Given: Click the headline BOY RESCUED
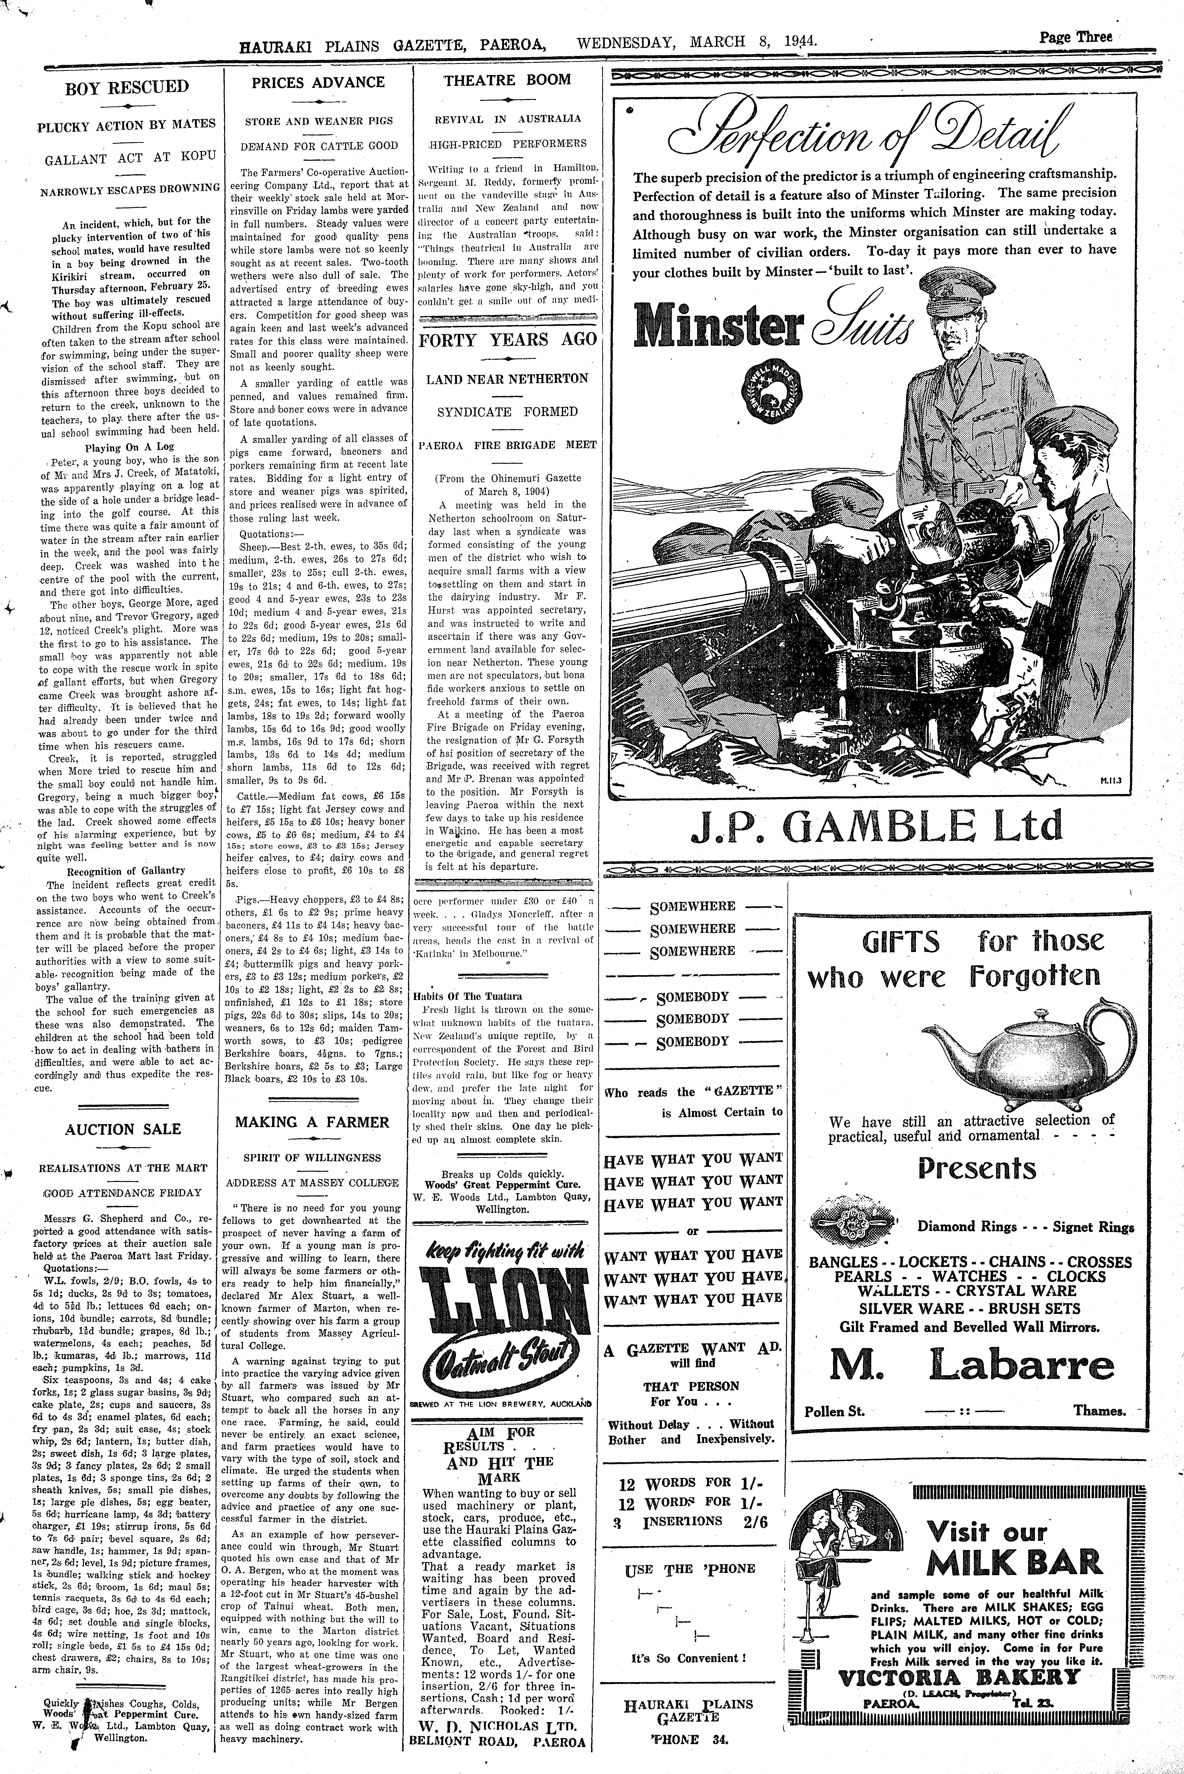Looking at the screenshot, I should (x=127, y=87).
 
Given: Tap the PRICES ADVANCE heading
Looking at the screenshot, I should (x=318, y=82).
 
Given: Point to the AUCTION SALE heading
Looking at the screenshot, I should (x=122, y=1129).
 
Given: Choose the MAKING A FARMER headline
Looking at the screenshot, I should (x=312, y=1123).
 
